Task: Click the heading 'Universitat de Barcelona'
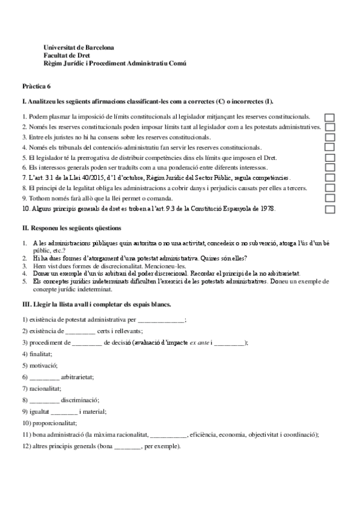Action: (x=79, y=47)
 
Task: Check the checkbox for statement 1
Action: (x=329, y=117)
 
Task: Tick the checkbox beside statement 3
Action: (x=329, y=137)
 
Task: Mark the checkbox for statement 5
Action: (x=329, y=158)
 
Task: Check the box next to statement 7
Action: (x=329, y=179)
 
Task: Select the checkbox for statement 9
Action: (x=329, y=199)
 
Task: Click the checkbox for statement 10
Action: (x=329, y=209)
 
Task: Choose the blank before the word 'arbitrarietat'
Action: (x=44, y=377)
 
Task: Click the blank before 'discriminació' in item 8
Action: (x=44, y=400)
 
